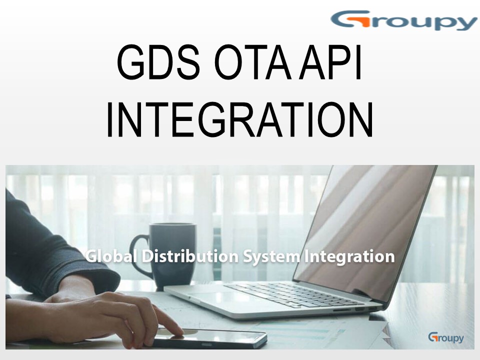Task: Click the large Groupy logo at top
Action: (x=404, y=21)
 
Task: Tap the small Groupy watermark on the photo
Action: (x=445, y=337)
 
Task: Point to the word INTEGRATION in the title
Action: (x=239, y=120)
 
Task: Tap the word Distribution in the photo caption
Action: (x=190, y=256)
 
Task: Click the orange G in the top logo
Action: (x=347, y=20)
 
